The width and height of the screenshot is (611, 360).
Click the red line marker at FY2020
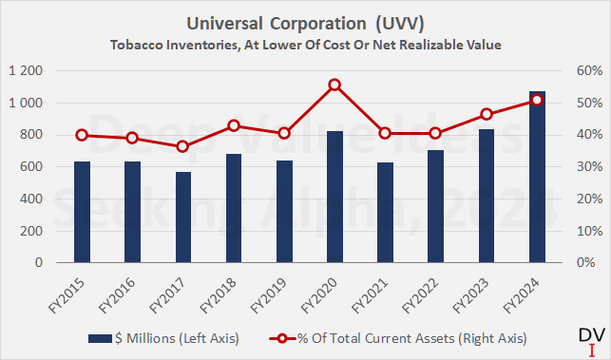coord(334,85)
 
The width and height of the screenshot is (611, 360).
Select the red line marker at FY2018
coord(234,125)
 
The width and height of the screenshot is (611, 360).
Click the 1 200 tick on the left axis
coord(27,71)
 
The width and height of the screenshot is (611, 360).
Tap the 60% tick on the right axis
coord(582,71)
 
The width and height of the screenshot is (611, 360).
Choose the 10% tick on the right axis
coord(582,231)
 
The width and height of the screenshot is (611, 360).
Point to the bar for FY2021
coord(385,213)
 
